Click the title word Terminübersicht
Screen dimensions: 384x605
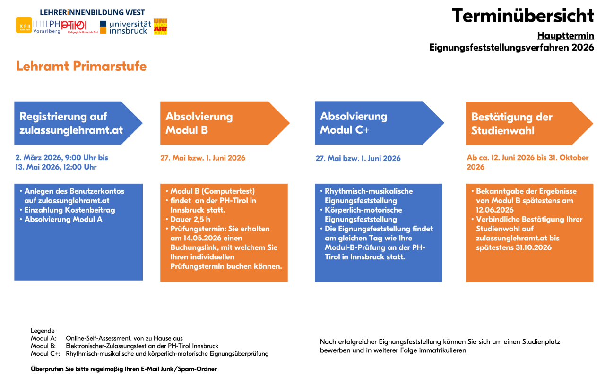coord(522,16)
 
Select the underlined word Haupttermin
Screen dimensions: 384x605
coord(565,36)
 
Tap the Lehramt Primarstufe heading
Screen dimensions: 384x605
coord(81,66)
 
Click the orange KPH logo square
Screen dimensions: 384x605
coord(23,25)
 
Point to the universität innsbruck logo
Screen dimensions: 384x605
coord(125,27)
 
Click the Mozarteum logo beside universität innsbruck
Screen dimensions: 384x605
coord(161,26)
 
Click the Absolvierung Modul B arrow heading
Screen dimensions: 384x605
coord(199,123)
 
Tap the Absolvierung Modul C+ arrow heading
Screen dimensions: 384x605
coord(354,123)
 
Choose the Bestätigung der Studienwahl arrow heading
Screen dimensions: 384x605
coord(512,123)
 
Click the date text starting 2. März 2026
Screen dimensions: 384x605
coord(62,162)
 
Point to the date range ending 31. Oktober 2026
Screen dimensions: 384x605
coord(527,162)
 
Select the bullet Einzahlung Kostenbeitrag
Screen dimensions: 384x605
coord(69,210)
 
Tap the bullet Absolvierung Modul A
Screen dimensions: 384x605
coord(63,219)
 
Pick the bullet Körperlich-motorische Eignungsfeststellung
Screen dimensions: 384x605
coord(363,214)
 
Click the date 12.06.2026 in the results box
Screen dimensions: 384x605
coord(494,210)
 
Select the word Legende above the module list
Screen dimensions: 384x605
coord(43,331)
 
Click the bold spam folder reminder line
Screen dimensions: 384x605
coord(124,369)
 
